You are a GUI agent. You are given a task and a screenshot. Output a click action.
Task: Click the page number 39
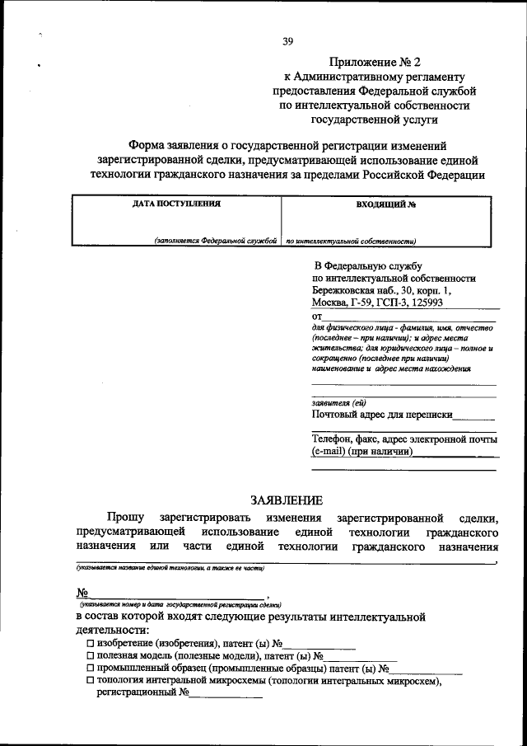click(x=287, y=41)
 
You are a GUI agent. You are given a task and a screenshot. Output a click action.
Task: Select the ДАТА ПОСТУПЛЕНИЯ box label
click(x=176, y=203)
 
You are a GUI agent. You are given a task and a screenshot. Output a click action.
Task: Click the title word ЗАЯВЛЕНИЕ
click(x=287, y=500)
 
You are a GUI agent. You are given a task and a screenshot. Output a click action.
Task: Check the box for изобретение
click(x=91, y=643)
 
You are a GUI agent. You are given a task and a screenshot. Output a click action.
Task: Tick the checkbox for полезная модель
click(x=91, y=656)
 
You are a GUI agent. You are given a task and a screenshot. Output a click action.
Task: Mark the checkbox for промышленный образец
click(x=91, y=669)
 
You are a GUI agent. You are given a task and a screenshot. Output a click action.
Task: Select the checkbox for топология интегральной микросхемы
click(x=91, y=682)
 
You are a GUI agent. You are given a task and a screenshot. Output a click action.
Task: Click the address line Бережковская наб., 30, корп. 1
click(x=381, y=292)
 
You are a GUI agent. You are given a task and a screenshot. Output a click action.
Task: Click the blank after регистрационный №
click(x=226, y=694)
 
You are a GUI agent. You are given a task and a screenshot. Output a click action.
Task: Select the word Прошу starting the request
click(x=123, y=518)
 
